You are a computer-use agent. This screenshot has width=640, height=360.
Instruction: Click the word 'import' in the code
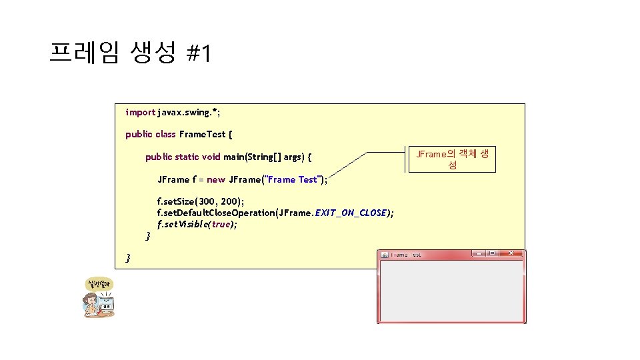click(140, 113)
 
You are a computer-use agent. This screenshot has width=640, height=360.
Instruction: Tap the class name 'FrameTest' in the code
click(203, 134)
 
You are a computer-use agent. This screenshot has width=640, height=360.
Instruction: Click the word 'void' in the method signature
click(211, 157)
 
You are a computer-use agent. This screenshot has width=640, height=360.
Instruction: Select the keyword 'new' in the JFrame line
click(216, 179)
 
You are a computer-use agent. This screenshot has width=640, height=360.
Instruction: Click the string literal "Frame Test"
click(293, 179)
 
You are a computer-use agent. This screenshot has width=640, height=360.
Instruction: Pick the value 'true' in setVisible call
click(221, 225)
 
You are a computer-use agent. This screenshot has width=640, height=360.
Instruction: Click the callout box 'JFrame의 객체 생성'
click(452, 159)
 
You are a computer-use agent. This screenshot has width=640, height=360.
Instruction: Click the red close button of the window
click(511, 254)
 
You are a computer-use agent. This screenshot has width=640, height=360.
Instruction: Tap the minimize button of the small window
click(478, 254)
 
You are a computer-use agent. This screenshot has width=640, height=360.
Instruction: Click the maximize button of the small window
click(491, 254)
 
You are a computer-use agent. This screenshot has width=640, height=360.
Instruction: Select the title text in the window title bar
click(406, 255)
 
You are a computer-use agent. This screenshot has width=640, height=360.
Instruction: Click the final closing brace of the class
click(129, 258)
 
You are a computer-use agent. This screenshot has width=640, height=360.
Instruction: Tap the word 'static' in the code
click(186, 157)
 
